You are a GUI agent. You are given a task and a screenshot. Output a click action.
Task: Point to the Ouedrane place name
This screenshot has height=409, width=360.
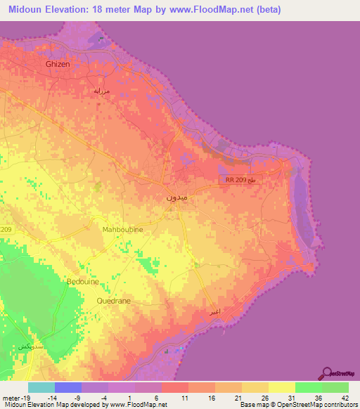pos(114,300)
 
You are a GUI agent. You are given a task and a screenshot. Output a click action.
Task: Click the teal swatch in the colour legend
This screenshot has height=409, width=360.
pos(41,387)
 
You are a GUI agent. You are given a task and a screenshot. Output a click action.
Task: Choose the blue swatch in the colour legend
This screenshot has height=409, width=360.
pos(68,387)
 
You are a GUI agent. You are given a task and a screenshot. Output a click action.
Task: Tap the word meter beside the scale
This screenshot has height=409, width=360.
pos(9,379)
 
